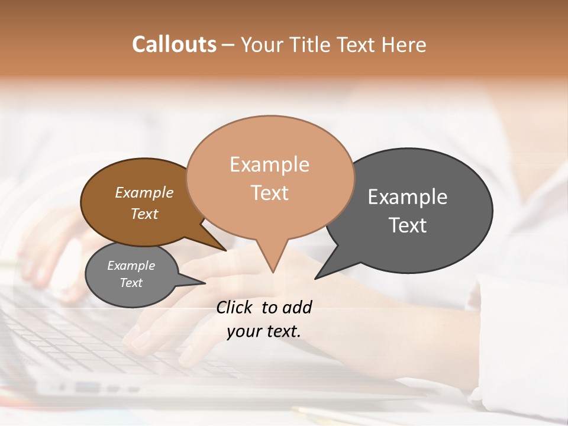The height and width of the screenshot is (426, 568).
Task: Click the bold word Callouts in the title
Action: (x=174, y=44)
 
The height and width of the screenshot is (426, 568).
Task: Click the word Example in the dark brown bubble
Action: (x=144, y=192)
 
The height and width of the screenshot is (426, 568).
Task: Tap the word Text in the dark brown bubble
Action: (x=144, y=214)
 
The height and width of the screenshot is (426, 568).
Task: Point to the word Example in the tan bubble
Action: (x=269, y=164)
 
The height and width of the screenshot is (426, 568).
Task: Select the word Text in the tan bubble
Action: (x=269, y=193)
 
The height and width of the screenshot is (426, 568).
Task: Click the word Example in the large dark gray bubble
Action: (x=408, y=197)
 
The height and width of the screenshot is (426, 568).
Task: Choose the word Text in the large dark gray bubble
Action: (x=408, y=225)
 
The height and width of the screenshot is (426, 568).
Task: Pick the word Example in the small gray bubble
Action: (x=131, y=266)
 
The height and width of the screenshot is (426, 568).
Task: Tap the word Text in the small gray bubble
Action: (x=131, y=283)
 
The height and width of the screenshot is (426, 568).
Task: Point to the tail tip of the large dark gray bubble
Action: (x=316, y=277)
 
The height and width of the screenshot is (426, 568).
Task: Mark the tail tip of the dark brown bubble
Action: (x=225, y=250)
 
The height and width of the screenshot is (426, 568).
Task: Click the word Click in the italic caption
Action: (x=235, y=307)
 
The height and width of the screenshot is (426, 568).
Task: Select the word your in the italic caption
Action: (x=243, y=332)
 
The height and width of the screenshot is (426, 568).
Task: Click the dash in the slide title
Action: (x=228, y=45)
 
